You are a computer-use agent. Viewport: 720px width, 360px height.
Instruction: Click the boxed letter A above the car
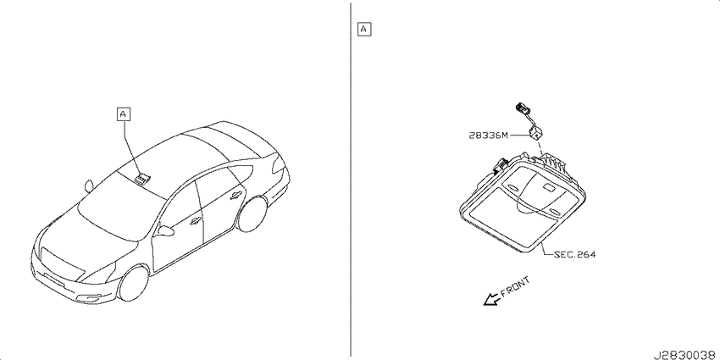(124, 114)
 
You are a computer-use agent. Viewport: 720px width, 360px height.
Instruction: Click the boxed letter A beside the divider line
(364, 30)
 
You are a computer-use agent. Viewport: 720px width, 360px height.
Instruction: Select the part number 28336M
(489, 136)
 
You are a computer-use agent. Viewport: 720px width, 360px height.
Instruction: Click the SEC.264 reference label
(575, 254)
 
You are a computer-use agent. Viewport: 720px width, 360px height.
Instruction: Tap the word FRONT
(515, 286)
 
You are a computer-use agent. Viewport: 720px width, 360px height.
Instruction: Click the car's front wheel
(133, 283)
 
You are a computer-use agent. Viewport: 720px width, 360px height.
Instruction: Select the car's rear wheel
(252, 213)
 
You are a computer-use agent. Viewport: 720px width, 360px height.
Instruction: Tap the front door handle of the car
(195, 222)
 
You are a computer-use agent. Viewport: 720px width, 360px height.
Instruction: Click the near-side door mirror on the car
(165, 230)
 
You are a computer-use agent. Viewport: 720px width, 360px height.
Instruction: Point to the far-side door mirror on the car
(89, 186)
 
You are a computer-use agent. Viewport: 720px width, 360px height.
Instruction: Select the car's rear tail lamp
(279, 165)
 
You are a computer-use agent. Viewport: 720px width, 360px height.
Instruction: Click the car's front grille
(63, 264)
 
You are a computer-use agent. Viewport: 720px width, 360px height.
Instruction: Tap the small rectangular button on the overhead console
(549, 186)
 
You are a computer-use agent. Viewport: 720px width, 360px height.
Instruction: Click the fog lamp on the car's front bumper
(93, 299)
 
